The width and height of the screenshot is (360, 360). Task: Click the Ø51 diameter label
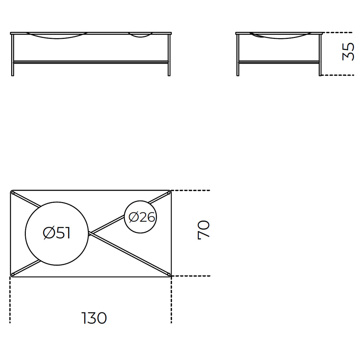(57, 233)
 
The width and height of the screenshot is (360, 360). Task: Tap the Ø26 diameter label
(141, 217)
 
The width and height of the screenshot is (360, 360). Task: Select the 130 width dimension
(94, 318)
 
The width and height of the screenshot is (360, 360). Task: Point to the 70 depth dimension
(203, 230)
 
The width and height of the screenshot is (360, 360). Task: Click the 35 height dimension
(348, 51)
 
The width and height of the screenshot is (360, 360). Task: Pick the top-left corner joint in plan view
(13, 193)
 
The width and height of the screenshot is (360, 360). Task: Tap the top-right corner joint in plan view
(169, 193)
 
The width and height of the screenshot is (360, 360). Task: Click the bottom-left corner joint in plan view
(13, 274)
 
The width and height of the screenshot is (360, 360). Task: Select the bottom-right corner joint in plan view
(169, 274)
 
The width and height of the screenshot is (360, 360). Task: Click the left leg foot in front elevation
(13, 75)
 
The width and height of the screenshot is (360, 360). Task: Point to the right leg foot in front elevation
(169, 75)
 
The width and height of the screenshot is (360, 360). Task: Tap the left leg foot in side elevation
(238, 75)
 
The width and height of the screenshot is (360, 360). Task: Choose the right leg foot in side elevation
(320, 75)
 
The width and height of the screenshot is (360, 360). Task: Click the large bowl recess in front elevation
(57, 36)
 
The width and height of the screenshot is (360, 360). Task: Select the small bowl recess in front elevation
(140, 35)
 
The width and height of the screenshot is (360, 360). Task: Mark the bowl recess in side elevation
(280, 36)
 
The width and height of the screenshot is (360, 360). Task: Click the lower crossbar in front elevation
(91, 62)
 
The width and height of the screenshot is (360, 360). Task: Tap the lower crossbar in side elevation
(279, 62)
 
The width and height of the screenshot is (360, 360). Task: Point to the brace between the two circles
(107, 224)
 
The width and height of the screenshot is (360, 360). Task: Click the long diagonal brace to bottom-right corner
(129, 253)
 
